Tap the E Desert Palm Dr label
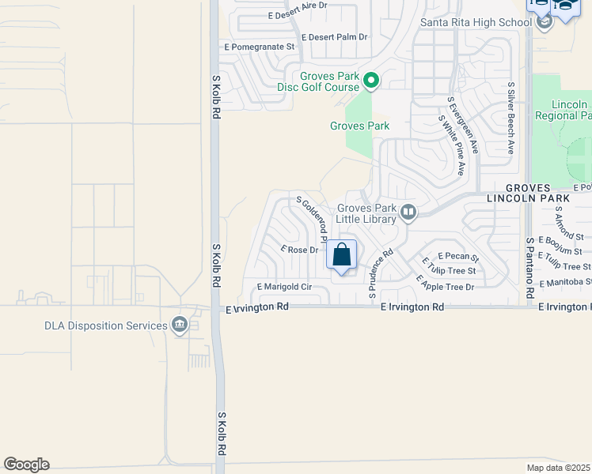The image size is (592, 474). point(336,37)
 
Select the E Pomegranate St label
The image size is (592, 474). point(259,47)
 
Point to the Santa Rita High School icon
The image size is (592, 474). point(544,22)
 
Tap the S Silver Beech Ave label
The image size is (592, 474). point(511,117)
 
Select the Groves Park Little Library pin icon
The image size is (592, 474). point(408,211)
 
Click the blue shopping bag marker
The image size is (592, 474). point(342,255)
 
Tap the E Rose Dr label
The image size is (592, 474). point(300,250)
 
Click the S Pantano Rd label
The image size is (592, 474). point(529,261)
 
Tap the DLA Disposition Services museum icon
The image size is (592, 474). point(180,325)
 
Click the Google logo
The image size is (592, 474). point(26,465)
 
